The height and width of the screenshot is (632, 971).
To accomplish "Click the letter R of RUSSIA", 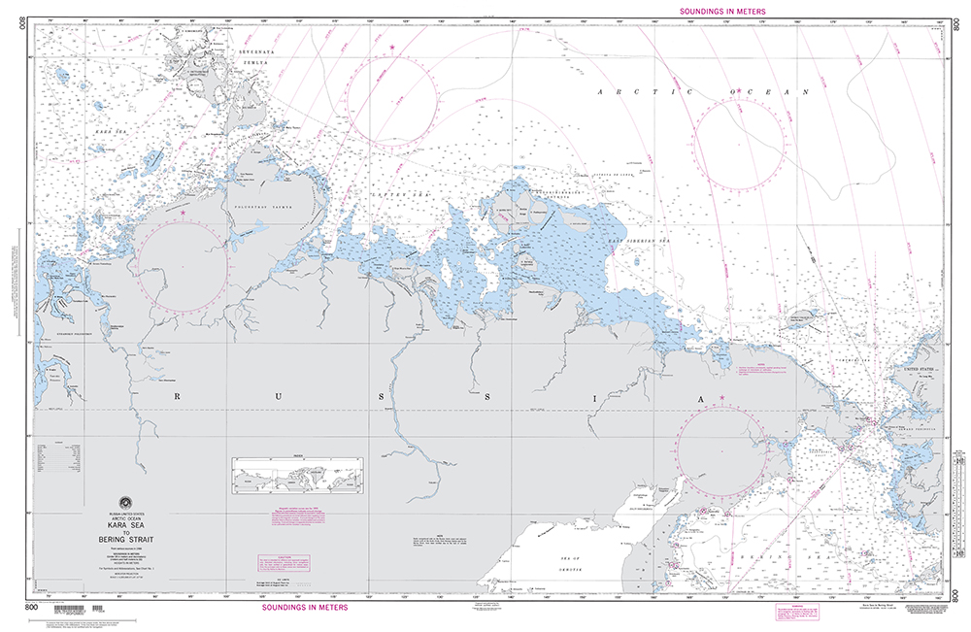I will pyautogui.click(x=179, y=396).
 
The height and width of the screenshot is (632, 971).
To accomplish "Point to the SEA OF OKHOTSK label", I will pyautogui.click(x=561, y=561).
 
